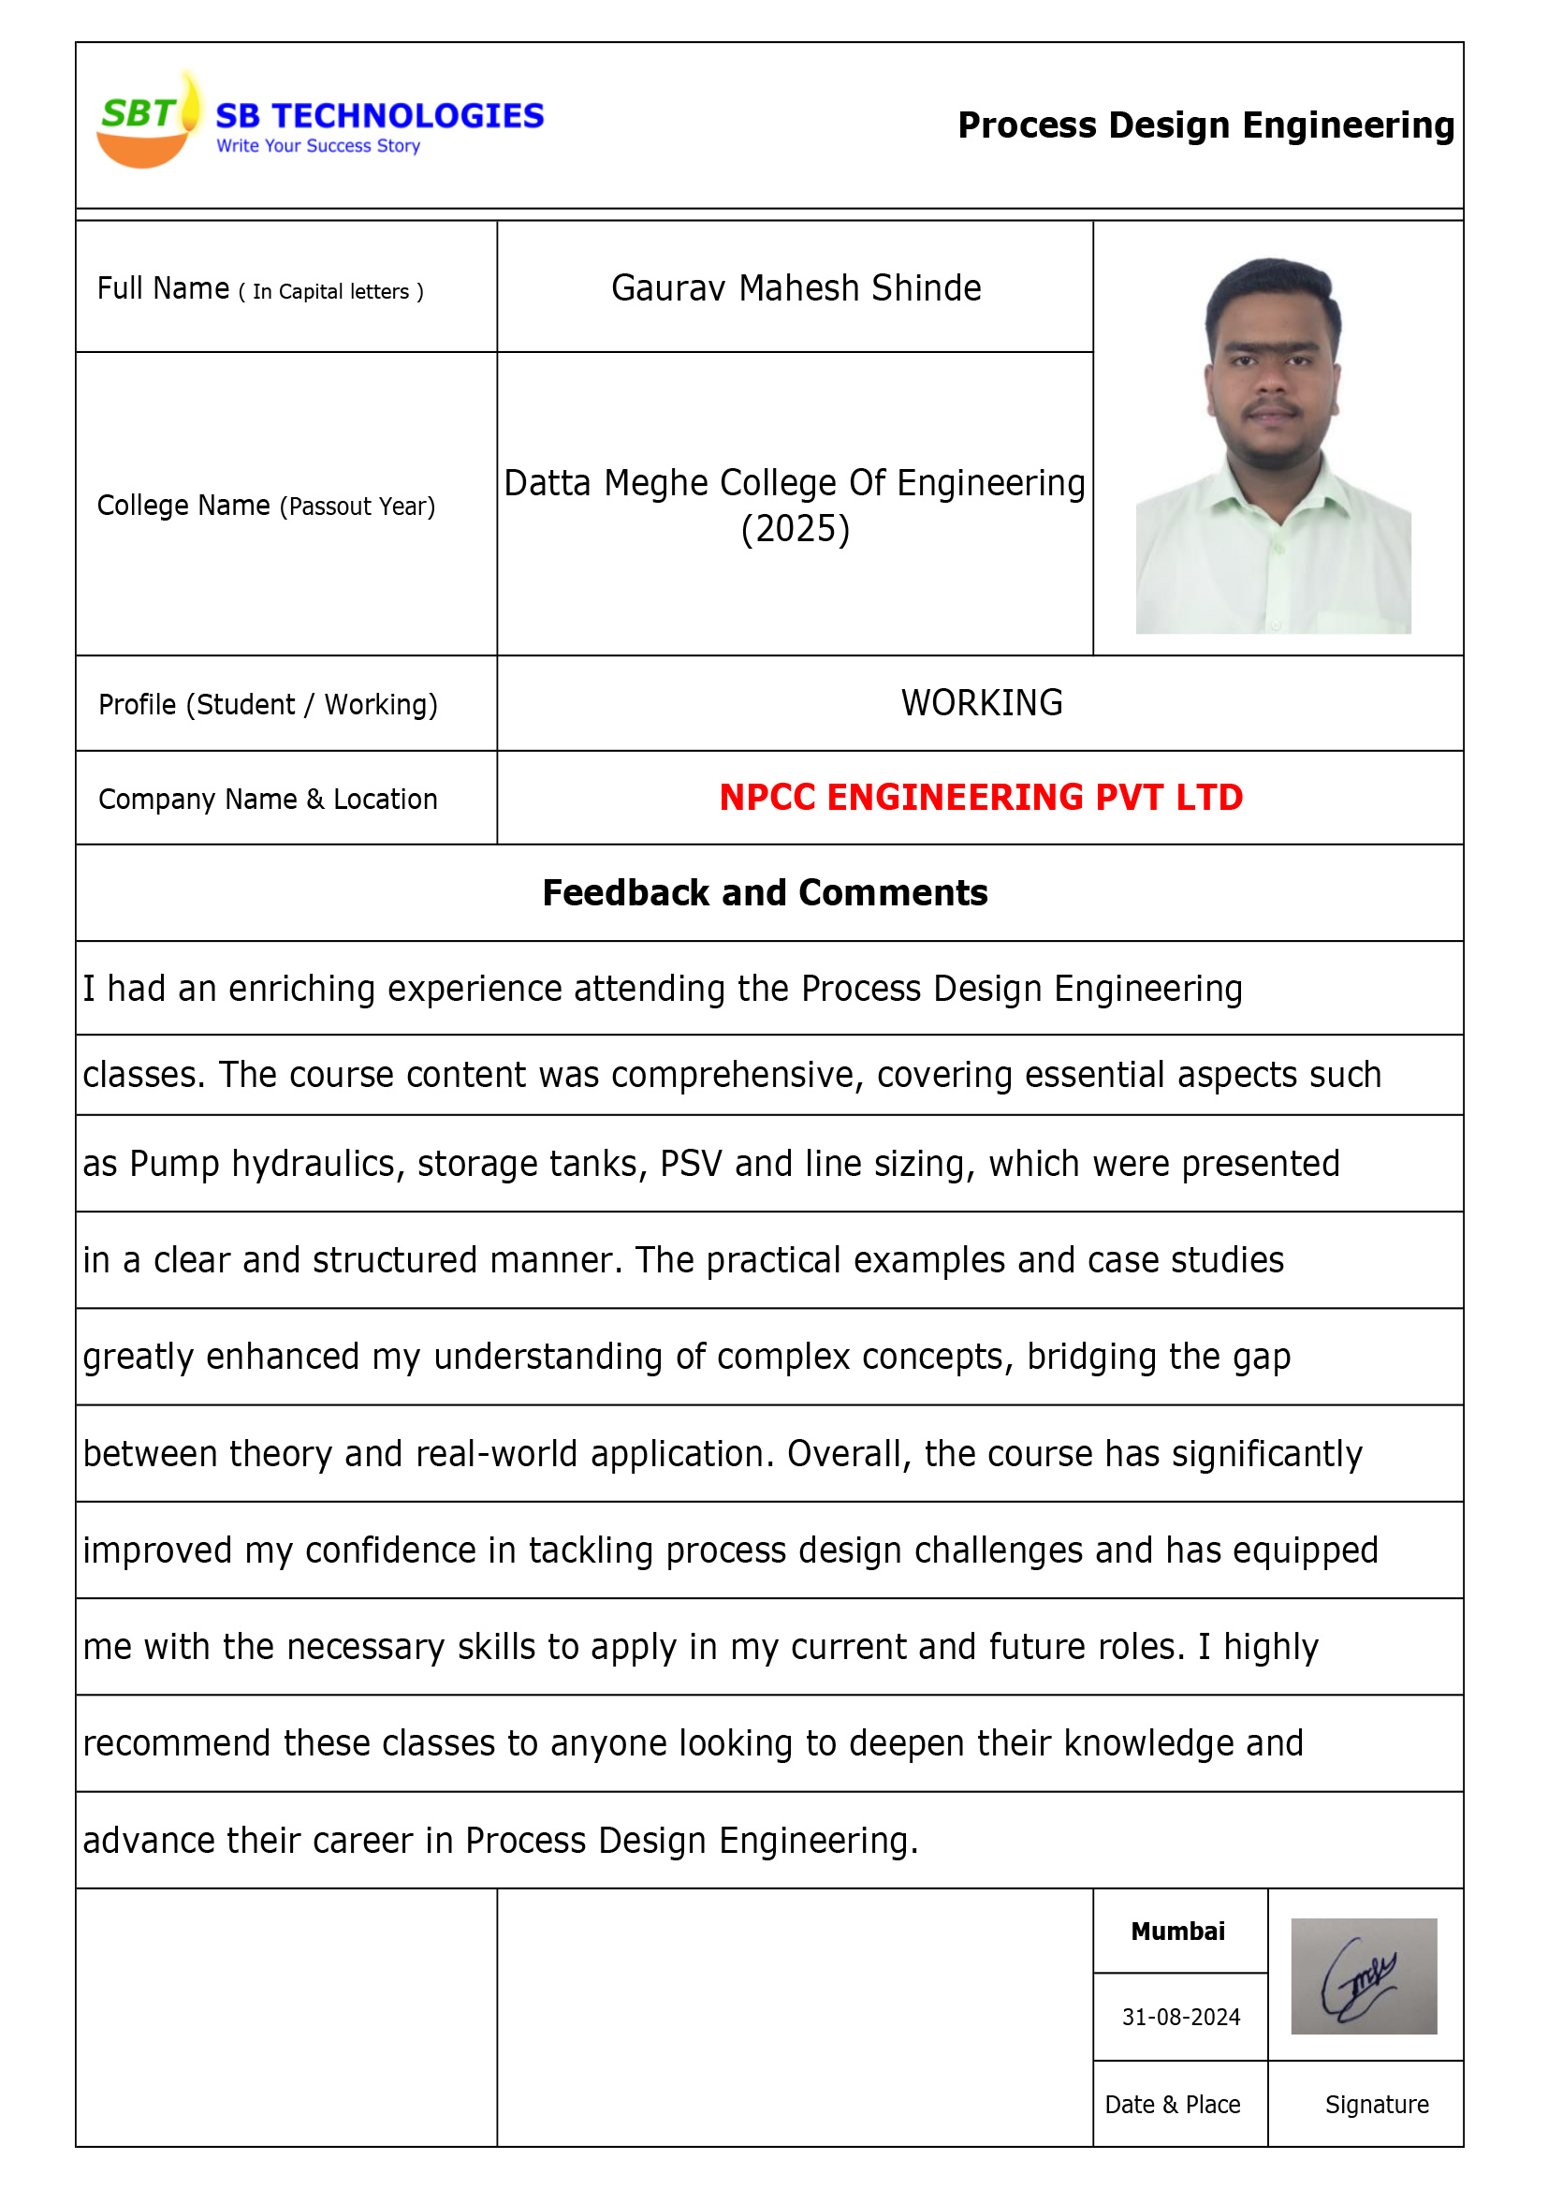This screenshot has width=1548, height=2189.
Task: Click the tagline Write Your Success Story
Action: pyautogui.click(x=318, y=146)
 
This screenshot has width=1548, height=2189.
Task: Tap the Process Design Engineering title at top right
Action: pyautogui.click(x=1205, y=125)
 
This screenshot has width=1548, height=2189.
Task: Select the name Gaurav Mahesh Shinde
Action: pyautogui.click(x=796, y=288)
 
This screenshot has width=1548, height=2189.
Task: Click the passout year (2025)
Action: pyautogui.click(x=795, y=529)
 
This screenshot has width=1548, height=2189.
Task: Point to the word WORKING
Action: pyautogui.click(x=982, y=702)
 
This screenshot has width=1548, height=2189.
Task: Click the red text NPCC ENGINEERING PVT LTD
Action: pyautogui.click(x=981, y=797)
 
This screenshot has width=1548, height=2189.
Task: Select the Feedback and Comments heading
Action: pyautogui.click(x=765, y=892)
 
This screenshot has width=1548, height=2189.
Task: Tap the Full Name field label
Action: pyautogui.click(x=260, y=289)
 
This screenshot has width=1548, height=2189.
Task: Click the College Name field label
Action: pyautogui.click(x=266, y=506)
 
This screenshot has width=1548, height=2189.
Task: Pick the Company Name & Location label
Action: pyautogui.click(x=268, y=799)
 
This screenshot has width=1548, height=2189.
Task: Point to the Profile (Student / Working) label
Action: pyautogui.click(x=268, y=705)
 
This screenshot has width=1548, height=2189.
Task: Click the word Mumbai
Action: pyautogui.click(x=1177, y=1931)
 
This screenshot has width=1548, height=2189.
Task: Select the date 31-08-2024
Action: pyautogui.click(x=1180, y=2017)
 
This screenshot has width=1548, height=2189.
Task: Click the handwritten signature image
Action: pyautogui.click(x=1362, y=1976)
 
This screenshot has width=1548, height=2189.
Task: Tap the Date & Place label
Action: pyautogui.click(x=1172, y=2104)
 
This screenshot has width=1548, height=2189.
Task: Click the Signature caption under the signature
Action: pyautogui.click(x=1376, y=2104)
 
